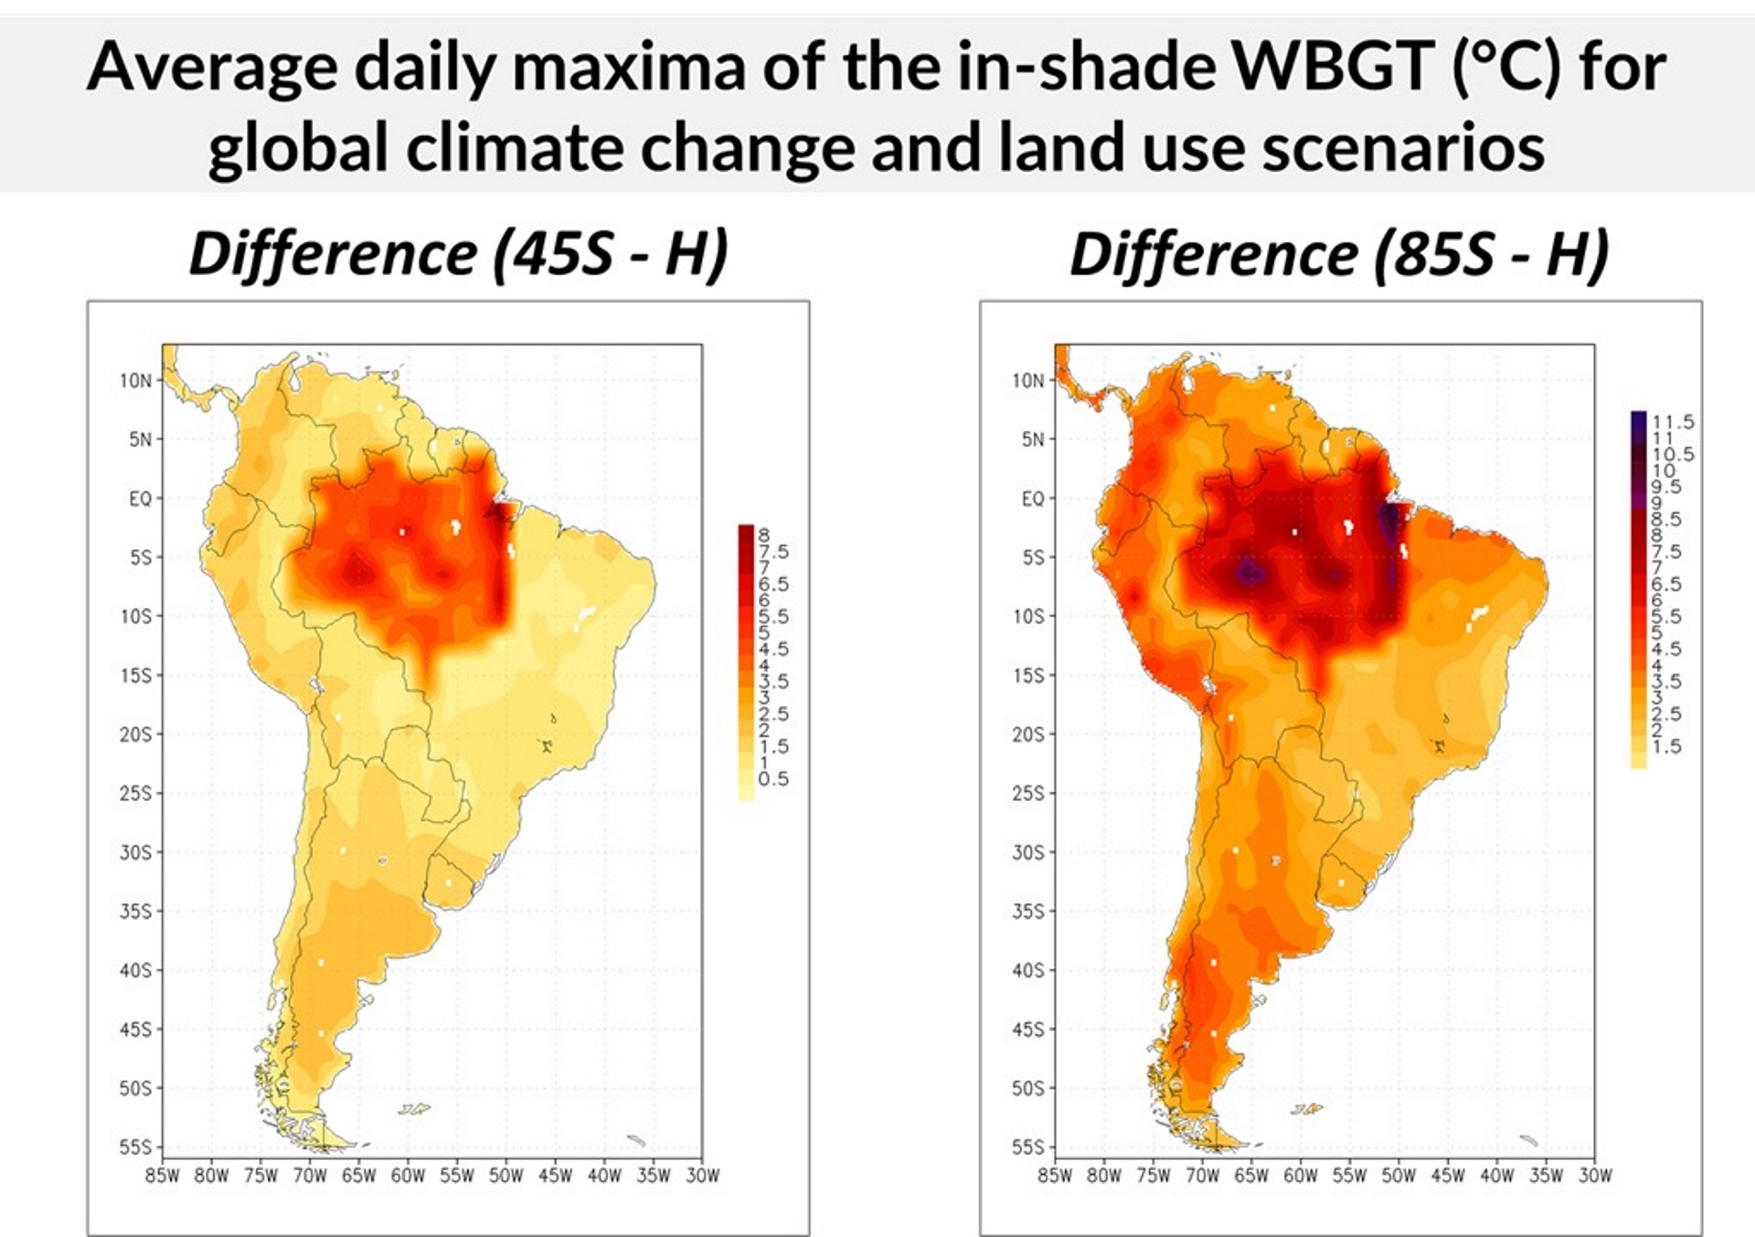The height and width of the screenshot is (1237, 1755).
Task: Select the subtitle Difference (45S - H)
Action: (x=458, y=253)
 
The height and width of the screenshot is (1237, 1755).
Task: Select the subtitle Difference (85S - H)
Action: (x=1339, y=253)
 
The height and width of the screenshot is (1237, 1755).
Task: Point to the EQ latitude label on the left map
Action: (x=140, y=499)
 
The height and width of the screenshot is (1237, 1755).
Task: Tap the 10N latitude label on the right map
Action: (x=1027, y=380)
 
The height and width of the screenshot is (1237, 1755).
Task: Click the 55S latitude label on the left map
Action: (x=136, y=1147)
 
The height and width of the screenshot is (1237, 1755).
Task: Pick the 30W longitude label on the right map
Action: (x=1595, y=1176)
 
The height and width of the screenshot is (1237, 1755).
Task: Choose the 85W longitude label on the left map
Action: (x=162, y=1176)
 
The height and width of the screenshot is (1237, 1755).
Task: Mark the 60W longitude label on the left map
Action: (x=408, y=1176)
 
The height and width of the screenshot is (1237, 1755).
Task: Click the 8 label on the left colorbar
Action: (x=763, y=535)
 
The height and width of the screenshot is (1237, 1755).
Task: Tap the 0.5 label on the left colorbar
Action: (x=772, y=779)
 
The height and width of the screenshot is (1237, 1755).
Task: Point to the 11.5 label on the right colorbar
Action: (x=1673, y=421)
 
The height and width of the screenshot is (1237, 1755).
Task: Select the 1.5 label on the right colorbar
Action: (x=1666, y=746)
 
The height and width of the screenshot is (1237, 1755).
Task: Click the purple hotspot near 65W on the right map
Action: (x=1249, y=572)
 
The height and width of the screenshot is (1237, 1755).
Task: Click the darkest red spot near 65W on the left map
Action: (x=356, y=572)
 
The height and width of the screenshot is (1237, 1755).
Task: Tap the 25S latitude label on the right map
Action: (x=1028, y=794)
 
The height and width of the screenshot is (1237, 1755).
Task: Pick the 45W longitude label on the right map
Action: (x=1448, y=1176)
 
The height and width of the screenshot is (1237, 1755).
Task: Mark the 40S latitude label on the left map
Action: (x=136, y=970)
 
